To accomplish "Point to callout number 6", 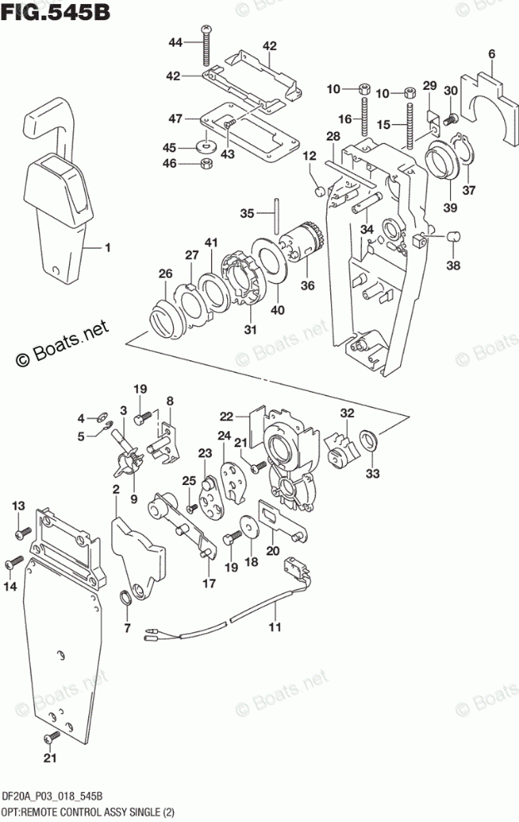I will tap(492, 54).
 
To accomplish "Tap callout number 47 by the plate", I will tap(175, 119).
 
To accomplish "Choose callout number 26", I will tap(165, 274).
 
